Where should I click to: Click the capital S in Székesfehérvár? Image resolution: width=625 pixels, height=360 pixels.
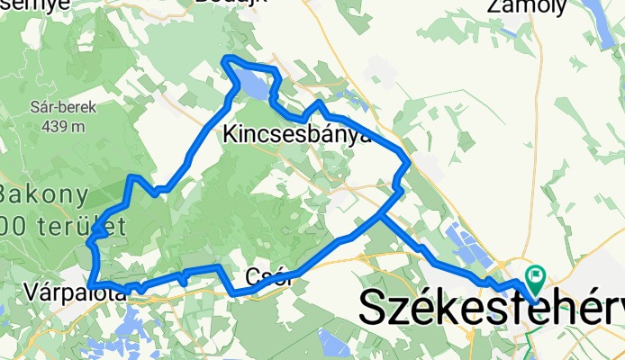point(377,308)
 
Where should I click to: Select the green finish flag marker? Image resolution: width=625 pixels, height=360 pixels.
point(535,277)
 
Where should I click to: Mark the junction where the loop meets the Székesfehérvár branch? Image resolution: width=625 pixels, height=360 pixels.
point(383,216)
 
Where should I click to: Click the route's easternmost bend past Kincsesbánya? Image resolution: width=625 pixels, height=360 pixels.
point(410,162)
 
